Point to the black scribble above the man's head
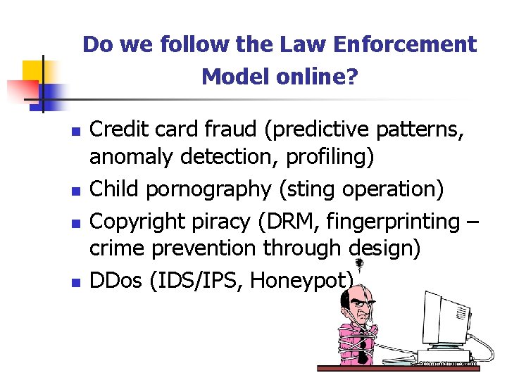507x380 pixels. point(358,265)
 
